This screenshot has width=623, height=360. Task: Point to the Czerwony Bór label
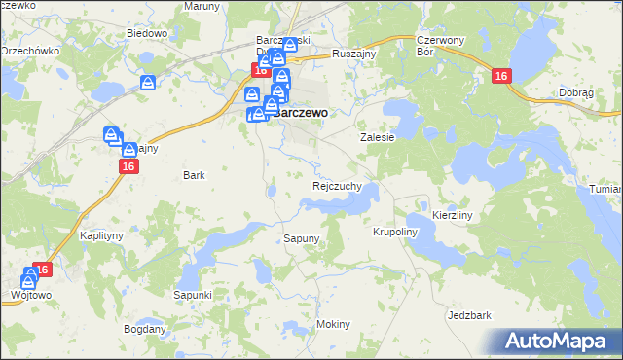pyautogui.click(x=437, y=46)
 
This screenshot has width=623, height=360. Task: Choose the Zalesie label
pyautogui.click(x=378, y=138)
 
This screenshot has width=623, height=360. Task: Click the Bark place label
pyautogui.click(x=194, y=176)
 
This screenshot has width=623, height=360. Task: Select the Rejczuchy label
pyautogui.click(x=337, y=185)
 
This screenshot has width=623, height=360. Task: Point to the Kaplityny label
pyautogui.click(x=102, y=236)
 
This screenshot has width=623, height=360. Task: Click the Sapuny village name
pyautogui.click(x=302, y=238)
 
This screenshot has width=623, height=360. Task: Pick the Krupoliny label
pyautogui.click(x=394, y=233)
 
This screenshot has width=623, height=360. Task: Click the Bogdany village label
pyautogui.click(x=145, y=329)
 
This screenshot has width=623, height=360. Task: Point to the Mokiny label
pyautogui.click(x=333, y=324)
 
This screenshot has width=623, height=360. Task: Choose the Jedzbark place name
pyautogui.click(x=468, y=315)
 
